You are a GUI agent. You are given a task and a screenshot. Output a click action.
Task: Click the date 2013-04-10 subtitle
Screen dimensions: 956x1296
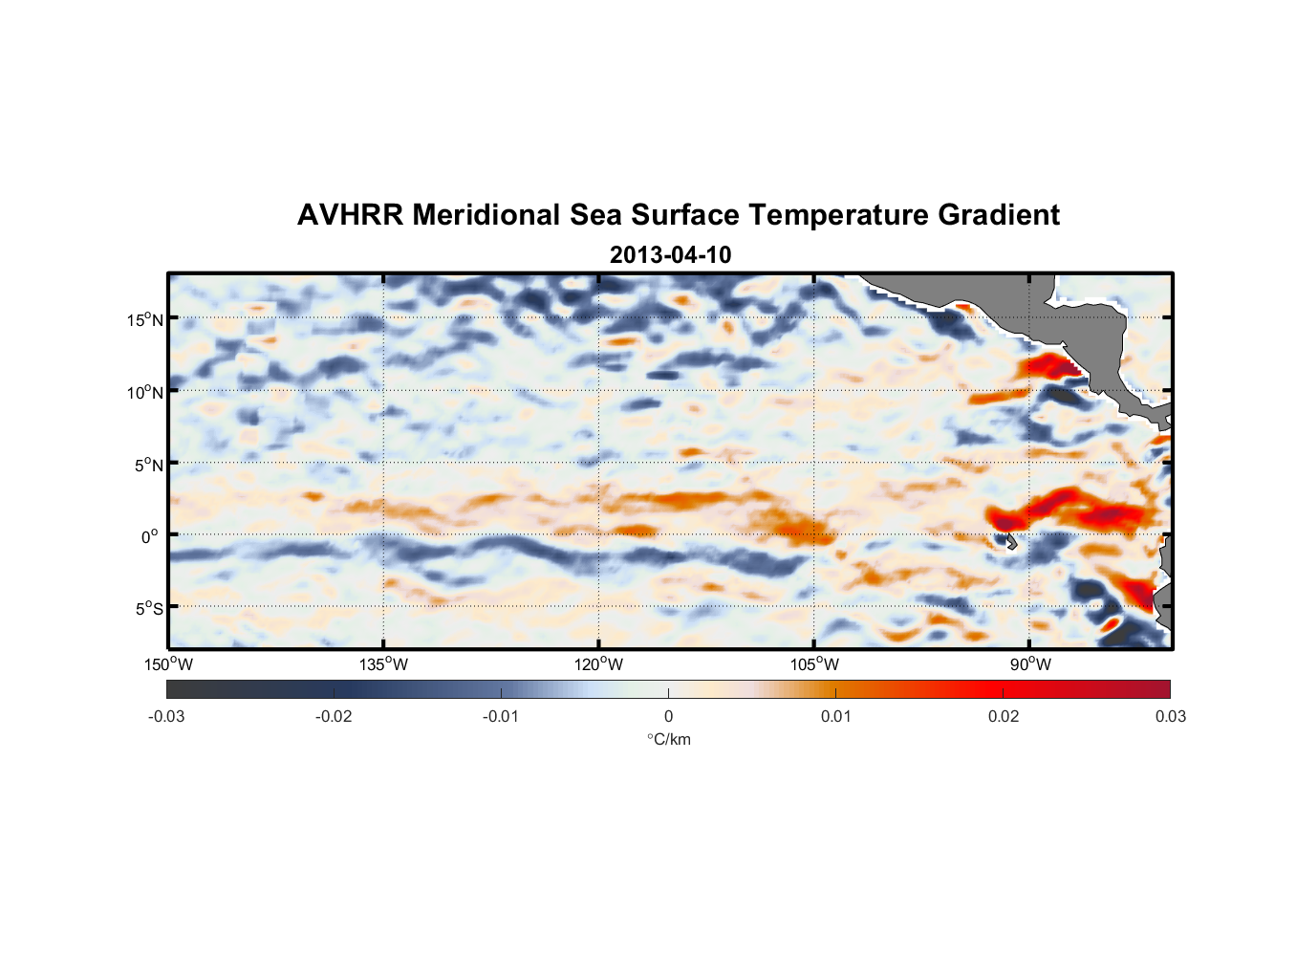670,255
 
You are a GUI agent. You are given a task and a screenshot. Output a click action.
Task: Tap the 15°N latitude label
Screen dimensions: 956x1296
145,319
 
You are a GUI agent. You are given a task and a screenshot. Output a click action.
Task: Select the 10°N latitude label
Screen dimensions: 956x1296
145,392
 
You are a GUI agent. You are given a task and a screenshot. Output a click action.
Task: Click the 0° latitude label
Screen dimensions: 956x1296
150,536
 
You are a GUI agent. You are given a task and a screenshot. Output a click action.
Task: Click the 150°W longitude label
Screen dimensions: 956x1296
168,664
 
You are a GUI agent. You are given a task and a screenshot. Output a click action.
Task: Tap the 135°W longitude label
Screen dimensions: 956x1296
383,664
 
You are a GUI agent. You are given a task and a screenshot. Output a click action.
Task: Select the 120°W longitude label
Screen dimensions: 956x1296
598,664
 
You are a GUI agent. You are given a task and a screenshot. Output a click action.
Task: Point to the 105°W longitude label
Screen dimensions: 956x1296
814,664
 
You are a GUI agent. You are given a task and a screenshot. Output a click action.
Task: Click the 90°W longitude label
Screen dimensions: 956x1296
1030,664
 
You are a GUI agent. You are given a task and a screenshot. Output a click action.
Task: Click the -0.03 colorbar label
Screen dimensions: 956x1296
166,716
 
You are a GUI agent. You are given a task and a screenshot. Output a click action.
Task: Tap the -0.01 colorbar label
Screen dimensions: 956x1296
501,716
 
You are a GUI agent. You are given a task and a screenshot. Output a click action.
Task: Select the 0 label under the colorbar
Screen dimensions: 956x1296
668,716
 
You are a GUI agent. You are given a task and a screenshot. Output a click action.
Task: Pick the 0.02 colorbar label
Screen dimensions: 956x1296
1004,716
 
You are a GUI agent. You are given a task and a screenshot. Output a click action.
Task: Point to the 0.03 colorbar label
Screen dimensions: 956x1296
1170,716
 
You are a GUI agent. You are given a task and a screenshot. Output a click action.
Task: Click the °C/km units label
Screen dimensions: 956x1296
668,739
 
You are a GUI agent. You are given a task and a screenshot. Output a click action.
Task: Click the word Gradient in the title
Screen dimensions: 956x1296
999,215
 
